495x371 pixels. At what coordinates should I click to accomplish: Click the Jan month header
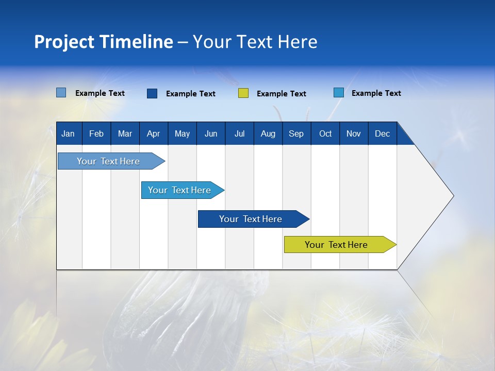pyautogui.click(x=68, y=133)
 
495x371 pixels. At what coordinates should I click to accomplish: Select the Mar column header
pyautogui.click(x=125, y=133)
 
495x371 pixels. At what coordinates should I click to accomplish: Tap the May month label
pyautogui.click(x=182, y=133)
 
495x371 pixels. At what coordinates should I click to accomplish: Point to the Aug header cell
pyautogui.click(x=268, y=133)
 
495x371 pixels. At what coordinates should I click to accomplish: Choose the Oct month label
pyautogui.click(x=325, y=133)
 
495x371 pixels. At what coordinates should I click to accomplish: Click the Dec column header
pyautogui.click(x=382, y=133)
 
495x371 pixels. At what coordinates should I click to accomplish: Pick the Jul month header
pyautogui.click(x=239, y=133)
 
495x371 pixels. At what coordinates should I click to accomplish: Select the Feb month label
pyautogui.click(x=96, y=133)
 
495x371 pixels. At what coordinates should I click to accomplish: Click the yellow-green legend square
pyautogui.click(x=243, y=93)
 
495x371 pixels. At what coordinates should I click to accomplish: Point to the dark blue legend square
pyautogui.click(x=152, y=93)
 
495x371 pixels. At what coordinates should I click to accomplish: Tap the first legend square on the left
pyautogui.click(x=61, y=93)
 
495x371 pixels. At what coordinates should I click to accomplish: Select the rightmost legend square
pyautogui.click(x=339, y=93)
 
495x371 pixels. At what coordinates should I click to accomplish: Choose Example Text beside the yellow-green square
pyautogui.click(x=281, y=94)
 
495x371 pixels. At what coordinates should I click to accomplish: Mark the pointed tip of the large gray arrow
pyautogui.click(x=453, y=196)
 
